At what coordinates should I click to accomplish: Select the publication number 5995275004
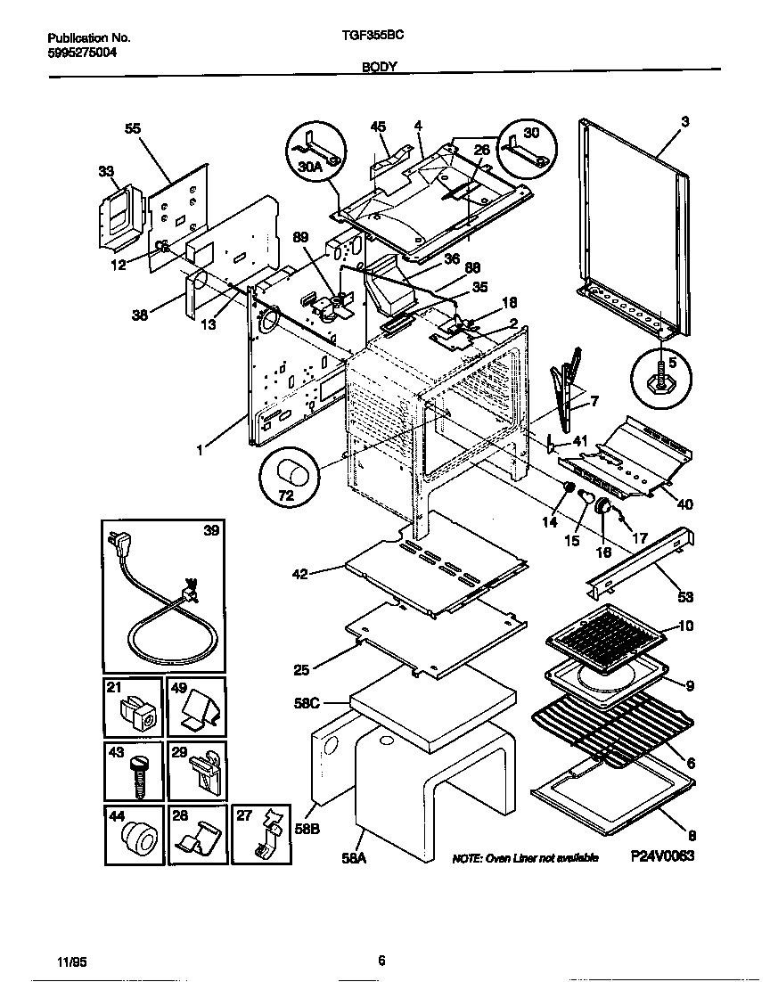click(81, 53)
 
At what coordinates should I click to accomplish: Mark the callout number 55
click(133, 128)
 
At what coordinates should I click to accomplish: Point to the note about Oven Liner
click(525, 857)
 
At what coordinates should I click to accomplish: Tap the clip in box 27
click(269, 836)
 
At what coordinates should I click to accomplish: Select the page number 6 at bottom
click(381, 960)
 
